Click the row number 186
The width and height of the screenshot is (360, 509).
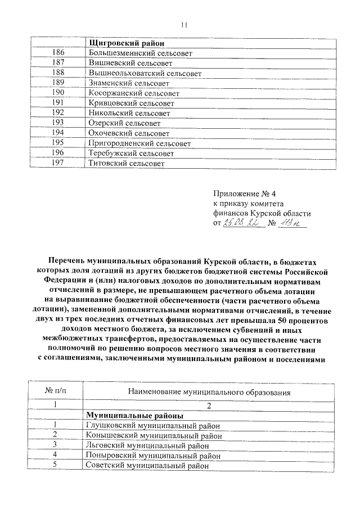58,53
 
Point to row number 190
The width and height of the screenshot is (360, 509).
58,93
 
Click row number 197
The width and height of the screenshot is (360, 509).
58,163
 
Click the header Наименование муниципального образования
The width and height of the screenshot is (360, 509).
209,391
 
